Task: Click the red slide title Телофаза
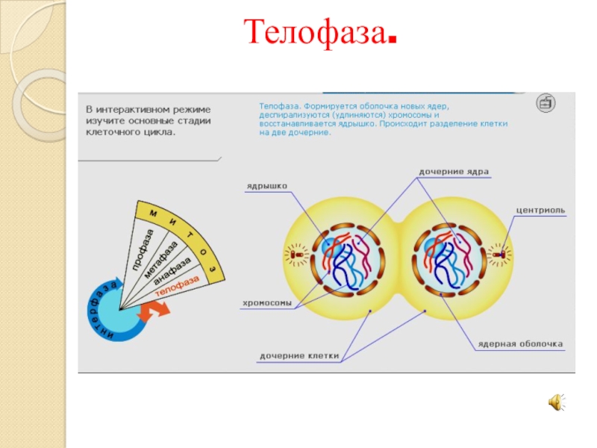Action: (x=319, y=32)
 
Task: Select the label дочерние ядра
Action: (x=454, y=172)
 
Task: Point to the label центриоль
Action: (x=541, y=211)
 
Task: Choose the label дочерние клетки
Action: (x=299, y=356)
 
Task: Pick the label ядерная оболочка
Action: (x=521, y=344)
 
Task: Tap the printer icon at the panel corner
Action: (x=546, y=102)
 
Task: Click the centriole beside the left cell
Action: (x=296, y=255)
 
